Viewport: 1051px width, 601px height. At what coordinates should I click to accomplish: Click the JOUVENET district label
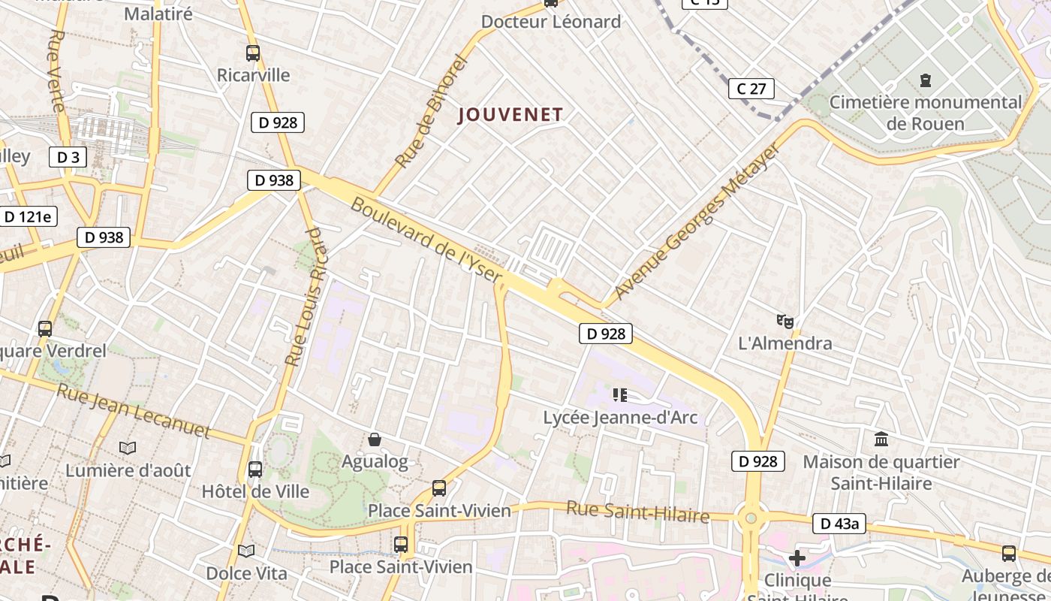tap(510, 114)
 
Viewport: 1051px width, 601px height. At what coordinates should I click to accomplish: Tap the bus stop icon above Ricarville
tap(253, 53)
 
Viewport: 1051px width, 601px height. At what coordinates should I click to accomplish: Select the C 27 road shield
tap(751, 89)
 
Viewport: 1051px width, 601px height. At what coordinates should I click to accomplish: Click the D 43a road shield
tap(839, 524)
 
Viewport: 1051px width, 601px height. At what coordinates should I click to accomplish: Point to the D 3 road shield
tap(68, 157)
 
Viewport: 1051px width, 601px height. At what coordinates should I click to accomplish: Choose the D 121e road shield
tap(28, 217)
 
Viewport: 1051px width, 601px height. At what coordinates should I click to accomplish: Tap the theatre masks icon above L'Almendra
tap(785, 322)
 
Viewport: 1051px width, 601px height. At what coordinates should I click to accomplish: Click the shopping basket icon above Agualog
tap(375, 439)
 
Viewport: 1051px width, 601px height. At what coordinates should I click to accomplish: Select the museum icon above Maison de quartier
tap(881, 439)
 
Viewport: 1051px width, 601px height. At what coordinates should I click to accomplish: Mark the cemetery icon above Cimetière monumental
tap(925, 80)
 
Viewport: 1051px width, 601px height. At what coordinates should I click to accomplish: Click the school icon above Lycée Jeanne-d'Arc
tap(619, 395)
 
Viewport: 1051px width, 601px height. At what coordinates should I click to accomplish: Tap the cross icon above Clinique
tap(797, 558)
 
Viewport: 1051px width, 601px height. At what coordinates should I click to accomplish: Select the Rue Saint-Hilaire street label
tap(637, 512)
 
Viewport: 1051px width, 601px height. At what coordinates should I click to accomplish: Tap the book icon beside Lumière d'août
tap(128, 448)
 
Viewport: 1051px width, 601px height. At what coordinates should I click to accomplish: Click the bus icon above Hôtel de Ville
tap(255, 470)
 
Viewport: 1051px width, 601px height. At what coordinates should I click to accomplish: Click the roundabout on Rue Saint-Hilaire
tap(750, 518)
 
